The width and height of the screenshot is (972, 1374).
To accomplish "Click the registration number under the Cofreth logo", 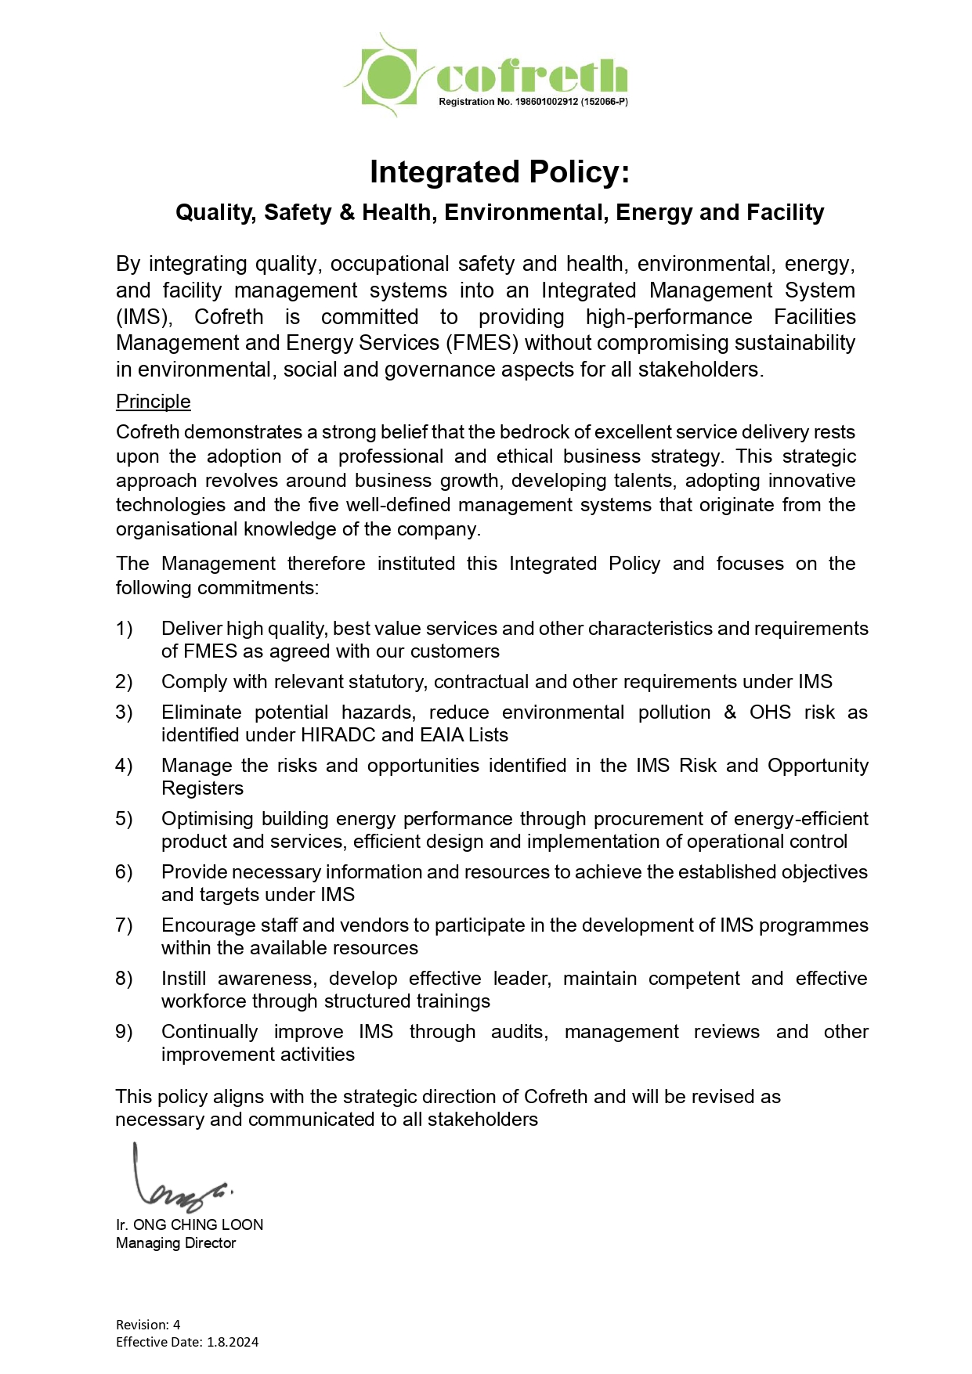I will pos(533,102).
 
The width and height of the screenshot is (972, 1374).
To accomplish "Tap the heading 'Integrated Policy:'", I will pos(500,172).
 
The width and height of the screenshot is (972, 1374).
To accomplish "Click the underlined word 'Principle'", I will pos(153,402).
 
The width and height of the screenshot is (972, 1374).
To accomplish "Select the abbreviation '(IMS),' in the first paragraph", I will pos(143,317).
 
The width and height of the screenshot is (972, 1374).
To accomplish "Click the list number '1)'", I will pos(124,629).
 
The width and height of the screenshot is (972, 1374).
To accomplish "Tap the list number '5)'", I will pos(124,819).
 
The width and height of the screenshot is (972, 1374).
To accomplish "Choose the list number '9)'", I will pos(124,1032).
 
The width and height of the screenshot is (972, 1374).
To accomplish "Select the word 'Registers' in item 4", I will pos(202,788).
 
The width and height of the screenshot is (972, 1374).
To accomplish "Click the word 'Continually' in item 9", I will pos(209,1032).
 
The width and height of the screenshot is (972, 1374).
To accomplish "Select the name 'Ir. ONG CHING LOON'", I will pos(190,1225).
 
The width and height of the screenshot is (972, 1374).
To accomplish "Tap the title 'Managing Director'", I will pos(175,1243).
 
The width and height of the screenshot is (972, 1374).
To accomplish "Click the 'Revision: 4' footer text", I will pos(148,1325).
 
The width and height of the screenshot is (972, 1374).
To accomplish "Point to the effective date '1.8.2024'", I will pos(233,1342).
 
